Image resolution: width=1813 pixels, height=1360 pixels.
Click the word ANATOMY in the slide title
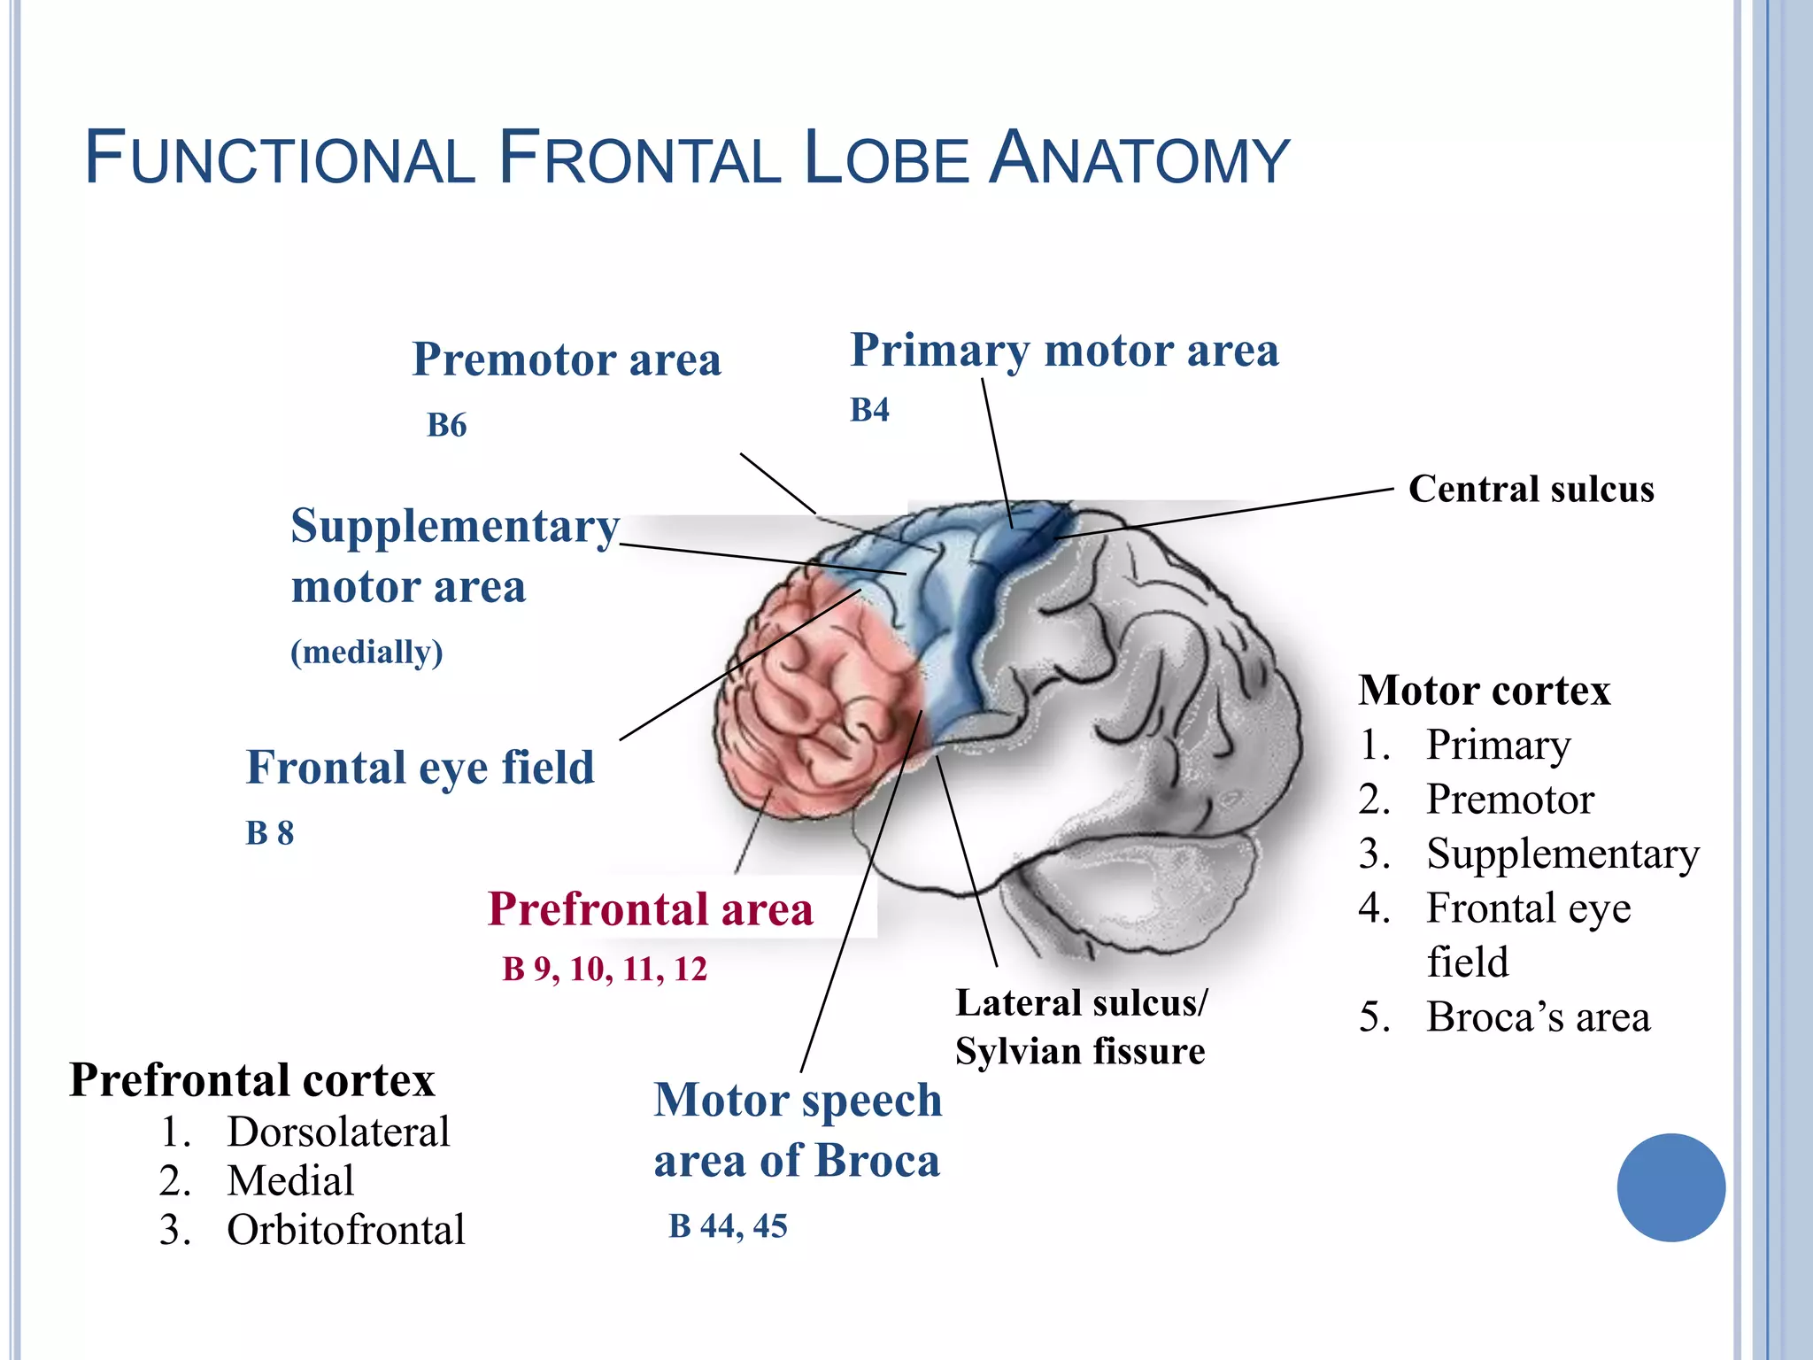pos(1138,159)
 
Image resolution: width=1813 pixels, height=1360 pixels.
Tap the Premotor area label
pos(567,359)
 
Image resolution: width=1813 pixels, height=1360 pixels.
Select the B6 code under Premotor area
pos(446,425)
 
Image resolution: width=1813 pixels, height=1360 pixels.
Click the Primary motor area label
pos(1064,350)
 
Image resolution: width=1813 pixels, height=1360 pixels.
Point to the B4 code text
pos(869,410)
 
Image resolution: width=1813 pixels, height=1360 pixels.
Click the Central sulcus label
pos(1531,489)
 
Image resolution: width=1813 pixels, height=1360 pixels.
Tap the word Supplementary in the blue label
pos(455,526)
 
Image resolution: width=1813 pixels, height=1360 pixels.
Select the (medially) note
pos(366,652)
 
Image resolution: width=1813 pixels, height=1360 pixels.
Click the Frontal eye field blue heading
pos(420,767)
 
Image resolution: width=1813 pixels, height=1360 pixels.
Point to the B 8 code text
pos(269,833)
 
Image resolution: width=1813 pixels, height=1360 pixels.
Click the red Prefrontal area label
pos(650,909)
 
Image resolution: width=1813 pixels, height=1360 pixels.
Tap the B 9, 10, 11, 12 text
pos(605,969)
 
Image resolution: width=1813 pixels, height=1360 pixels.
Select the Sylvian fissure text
pos(1079,1052)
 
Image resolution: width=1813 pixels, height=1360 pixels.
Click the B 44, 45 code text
pos(728,1226)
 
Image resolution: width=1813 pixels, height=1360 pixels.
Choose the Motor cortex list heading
pos(1484,691)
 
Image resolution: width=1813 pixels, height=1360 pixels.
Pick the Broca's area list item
pos(1538,1017)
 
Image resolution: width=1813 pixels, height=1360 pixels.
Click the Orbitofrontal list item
pos(345,1230)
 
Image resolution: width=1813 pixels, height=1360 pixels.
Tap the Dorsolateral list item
pos(338,1132)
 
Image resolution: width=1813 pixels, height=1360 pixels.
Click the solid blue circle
pos(1670,1187)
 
